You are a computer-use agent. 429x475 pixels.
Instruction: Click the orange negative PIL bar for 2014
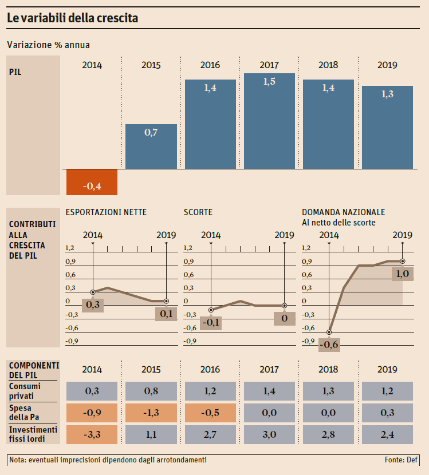pyautogui.click(x=92, y=182)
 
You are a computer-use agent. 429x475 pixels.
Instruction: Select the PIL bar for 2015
pyautogui.click(x=151, y=147)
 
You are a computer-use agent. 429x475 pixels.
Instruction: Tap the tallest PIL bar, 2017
pyautogui.click(x=269, y=121)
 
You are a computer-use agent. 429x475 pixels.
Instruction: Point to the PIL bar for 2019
pyautogui.click(x=387, y=127)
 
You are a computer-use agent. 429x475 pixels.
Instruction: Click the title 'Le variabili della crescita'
pyautogui.click(x=73, y=18)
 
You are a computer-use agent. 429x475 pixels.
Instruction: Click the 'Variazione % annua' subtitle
pyautogui.click(x=48, y=45)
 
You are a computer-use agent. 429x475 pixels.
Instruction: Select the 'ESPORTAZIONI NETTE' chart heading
pyautogui.click(x=106, y=212)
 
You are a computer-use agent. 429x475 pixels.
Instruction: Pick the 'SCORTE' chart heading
pyautogui.click(x=198, y=212)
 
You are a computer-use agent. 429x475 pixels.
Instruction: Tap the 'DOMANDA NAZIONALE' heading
pyautogui.click(x=343, y=212)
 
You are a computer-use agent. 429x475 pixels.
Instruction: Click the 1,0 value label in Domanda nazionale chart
pyautogui.click(x=402, y=274)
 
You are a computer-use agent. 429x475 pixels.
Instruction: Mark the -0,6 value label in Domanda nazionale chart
pyautogui.click(x=329, y=345)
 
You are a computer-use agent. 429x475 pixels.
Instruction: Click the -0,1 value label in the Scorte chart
pyautogui.click(x=211, y=322)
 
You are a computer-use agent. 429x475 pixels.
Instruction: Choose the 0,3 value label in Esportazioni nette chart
pyautogui.click(x=92, y=305)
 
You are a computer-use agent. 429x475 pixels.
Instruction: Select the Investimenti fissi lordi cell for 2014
pyautogui.click(x=92, y=434)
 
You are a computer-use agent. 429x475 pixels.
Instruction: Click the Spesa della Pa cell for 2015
pyautogui.click(x=151, y=413)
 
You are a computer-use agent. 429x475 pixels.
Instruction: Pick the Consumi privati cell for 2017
pyautogui.click(x=269, y=391)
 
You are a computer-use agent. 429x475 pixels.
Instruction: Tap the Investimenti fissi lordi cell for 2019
pyautogui.click(x=387, y=434)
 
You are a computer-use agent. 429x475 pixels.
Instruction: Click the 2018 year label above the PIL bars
pyautogui.click(x=328, y=65)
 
